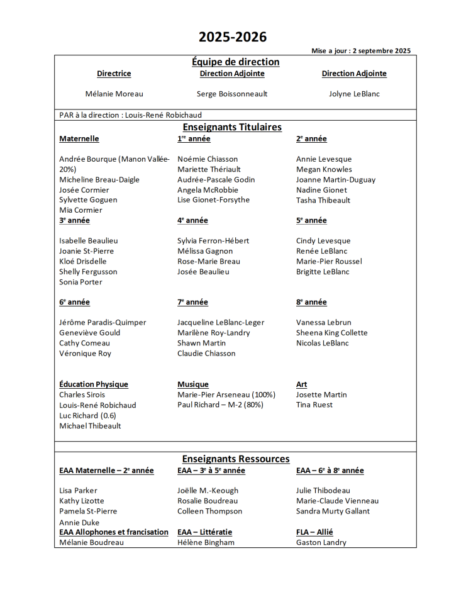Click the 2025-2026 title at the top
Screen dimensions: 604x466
pyautogui.click(x=233, y=37)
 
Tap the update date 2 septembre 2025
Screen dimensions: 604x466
pyautogui.click(x=382, y=51)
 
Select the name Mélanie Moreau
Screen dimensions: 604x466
pyautogui.click(x=114, y=94)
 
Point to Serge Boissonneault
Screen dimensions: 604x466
pyautogui.click(x=232, y=94)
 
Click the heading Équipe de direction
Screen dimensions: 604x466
pyautogui.click(x=235, y=62)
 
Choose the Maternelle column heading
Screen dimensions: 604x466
pyautogui.click(x=79, y=138)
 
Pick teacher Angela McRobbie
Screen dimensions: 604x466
pyautogui.click(x=208, y=189)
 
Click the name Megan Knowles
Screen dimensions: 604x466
pyautogui.click(x=324, y=169)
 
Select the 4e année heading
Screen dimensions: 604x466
pyautogui.click(x=192, y=220)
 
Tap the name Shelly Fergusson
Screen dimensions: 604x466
pyautogui.click(x=88, y=272)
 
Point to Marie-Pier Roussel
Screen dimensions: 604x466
pyautogui.click(x=329, y=261)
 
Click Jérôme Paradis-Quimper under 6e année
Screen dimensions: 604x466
pyautogui.click(x=103, y=322)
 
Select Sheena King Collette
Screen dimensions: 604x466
pyautogui.click(x=331, y=333)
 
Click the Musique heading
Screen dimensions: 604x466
pyautogui.click(x=192, y=384)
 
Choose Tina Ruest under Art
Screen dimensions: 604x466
pyautogui.click(x=314, y=405)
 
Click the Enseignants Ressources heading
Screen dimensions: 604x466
pyautogui.click(x=235, y=459)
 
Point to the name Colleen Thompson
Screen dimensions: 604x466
pyautogui.click(x=209, y=511)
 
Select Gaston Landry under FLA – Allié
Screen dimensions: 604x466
pyautogui.click(x=321, y=542)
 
